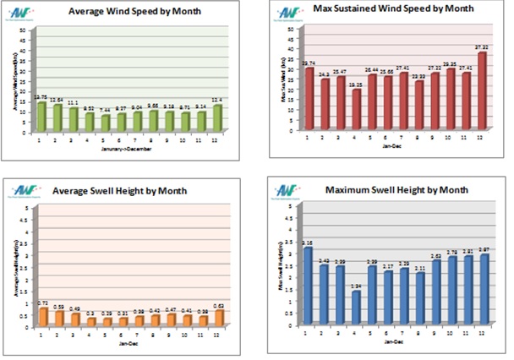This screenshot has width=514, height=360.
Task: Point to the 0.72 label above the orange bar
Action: [x=44, y=303]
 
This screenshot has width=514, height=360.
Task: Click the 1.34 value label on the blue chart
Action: [x=356, y=287]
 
